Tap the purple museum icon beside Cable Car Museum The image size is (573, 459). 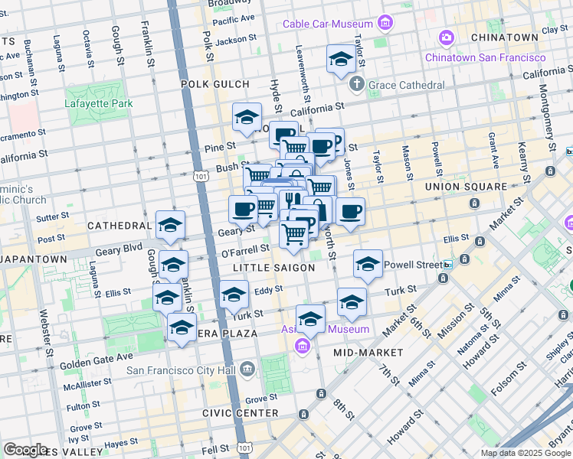click(385, 24)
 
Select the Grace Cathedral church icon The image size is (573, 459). click(356, 84)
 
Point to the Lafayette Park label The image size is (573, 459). click(99, 103)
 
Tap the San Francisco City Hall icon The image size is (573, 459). click(247, 370)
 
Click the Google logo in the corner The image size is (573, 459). click(25, 450)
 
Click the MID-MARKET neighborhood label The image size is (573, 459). click(368, 353)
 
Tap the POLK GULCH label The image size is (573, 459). click(214, 84)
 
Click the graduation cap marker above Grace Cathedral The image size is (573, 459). click(340, 60)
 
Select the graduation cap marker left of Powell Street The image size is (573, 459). click(368, 264)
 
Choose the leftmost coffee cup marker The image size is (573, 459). click(243, 209)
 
